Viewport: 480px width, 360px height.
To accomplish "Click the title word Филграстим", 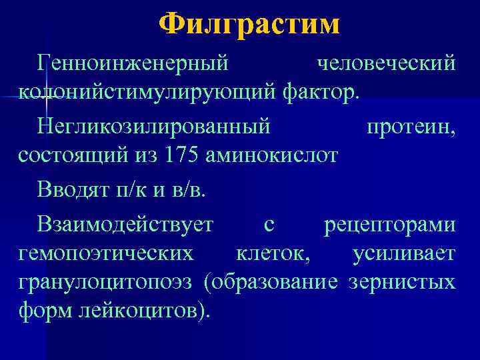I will (250, 25).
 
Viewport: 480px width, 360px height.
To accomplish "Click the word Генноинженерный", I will (134, 63).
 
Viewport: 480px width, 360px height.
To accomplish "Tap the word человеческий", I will (387, 63).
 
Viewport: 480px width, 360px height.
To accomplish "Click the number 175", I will (184, 155).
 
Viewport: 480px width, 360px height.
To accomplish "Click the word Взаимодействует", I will (125, 224).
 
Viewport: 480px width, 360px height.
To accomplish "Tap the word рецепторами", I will (390, 224).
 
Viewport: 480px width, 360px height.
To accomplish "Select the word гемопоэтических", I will (107, 253).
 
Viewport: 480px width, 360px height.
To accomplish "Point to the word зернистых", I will (403, 281).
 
